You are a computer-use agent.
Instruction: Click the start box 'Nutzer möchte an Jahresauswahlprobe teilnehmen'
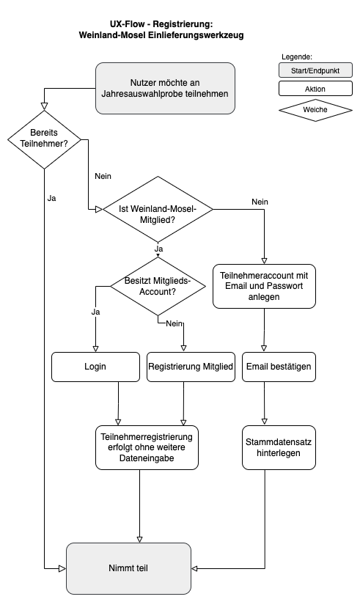tap(165, 88)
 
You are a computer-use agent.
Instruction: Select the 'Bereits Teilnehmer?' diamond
tap(44, 140)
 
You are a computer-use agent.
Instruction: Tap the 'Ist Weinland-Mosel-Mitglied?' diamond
tap(158, 209)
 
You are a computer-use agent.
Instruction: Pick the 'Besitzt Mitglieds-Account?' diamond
tap(158, 287)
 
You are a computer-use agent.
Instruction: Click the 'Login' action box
tap(95, 367)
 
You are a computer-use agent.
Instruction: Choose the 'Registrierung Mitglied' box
tap(191, 367)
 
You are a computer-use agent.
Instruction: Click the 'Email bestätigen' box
tap(279, 367)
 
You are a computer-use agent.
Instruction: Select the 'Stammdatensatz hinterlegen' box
tap(279, 447)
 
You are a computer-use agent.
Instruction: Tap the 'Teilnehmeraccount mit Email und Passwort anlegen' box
tap(264, 286)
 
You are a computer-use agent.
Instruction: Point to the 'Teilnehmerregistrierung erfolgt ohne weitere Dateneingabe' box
tap(147, 447)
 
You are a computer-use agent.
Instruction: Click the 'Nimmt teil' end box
tap(128, 568)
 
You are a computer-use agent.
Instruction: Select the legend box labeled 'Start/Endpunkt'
tap(315, 70)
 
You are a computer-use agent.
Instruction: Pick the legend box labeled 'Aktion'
tap(315, 89)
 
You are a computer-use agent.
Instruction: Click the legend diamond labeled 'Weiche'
tap(315, 110)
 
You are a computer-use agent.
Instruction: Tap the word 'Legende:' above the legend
tap(297, 56)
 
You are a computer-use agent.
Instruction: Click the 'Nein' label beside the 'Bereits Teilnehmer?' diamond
tap(103, 176)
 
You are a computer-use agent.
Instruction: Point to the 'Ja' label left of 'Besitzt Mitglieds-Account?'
tap(95, 312)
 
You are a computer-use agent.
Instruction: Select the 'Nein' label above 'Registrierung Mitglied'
tap(175, 323)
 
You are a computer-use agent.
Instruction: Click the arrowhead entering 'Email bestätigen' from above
tap(264, 348)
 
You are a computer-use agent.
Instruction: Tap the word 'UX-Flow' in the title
tap(128, 24)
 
